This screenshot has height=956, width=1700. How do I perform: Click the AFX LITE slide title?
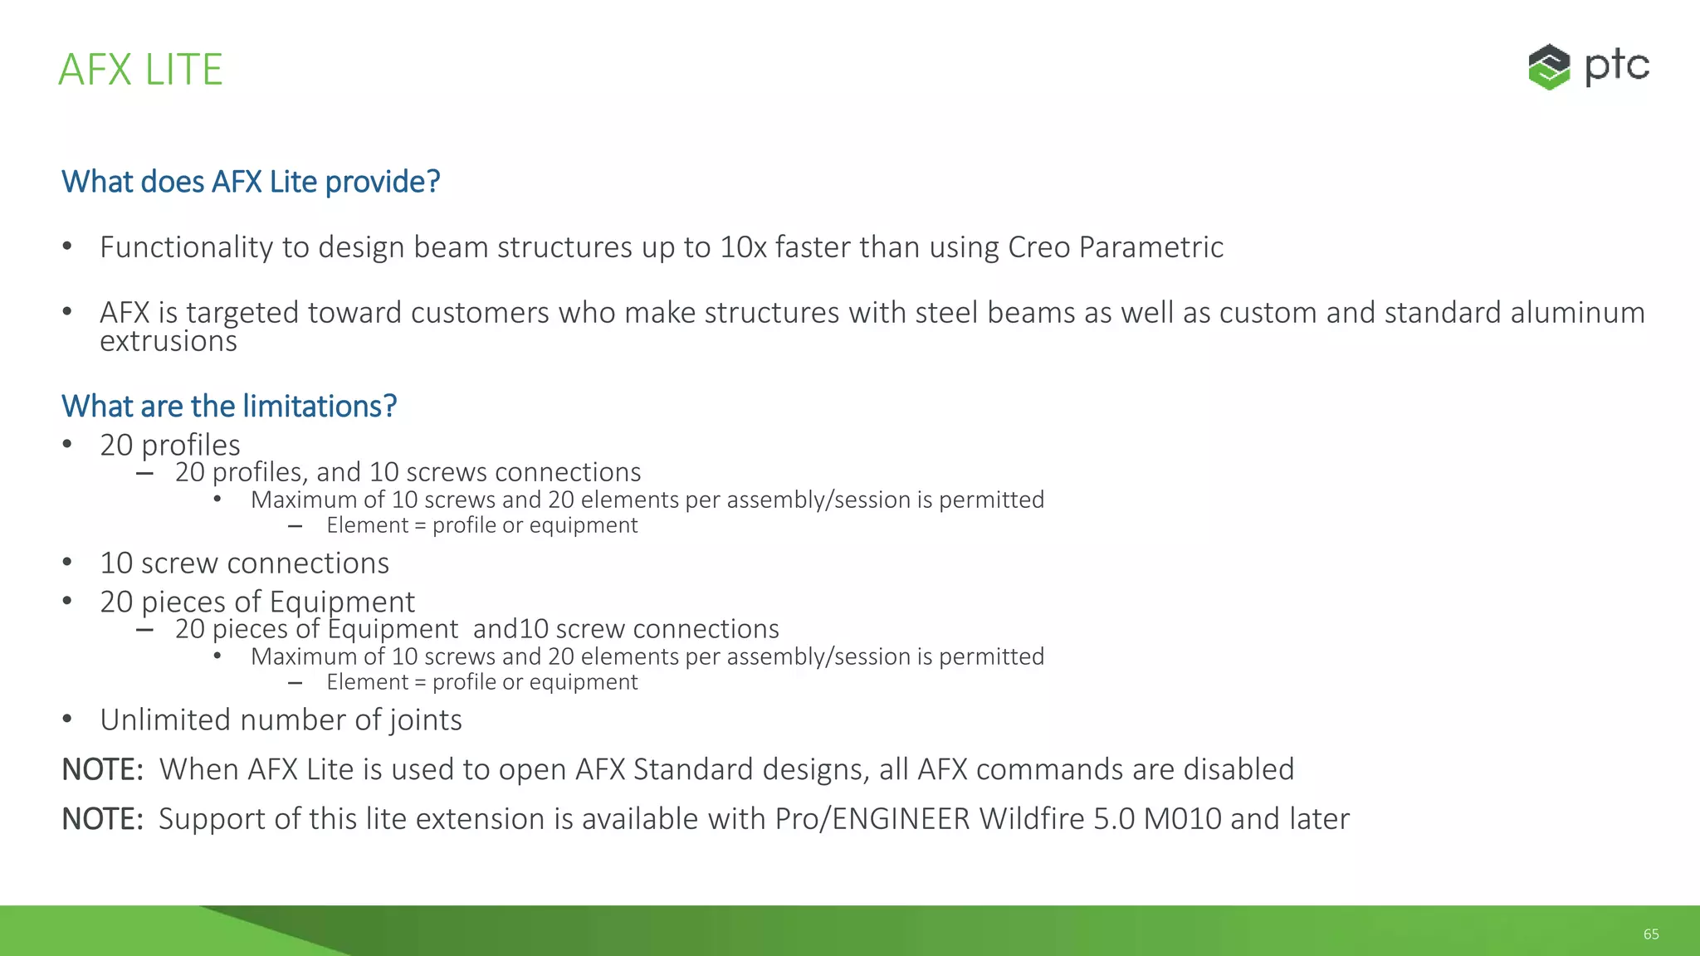[x=140, y=70]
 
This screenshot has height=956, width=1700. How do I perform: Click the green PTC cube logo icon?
[x=1549, y=67]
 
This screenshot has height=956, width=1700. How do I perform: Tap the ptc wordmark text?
[x=1616, y=66]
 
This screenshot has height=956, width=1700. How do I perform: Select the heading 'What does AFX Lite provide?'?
[x=251, y=182]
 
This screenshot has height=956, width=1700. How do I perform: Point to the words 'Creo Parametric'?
[x=1115, y=247]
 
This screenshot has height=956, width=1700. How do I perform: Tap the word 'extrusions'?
[x=169, y=341]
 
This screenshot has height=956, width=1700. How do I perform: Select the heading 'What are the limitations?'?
[x=229, y=407]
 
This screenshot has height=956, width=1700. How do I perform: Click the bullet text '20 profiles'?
[x=170, y=446]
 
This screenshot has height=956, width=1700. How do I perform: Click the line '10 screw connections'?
[x=244, y=563]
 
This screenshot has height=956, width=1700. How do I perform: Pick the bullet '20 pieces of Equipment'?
[x=257, y=602]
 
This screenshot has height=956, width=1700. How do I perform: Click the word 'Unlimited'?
[x=165, y=720]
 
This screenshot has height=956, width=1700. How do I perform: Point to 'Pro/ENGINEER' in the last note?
[x=872, y=819]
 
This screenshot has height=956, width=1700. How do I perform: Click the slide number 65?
[x=1651, y=934]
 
